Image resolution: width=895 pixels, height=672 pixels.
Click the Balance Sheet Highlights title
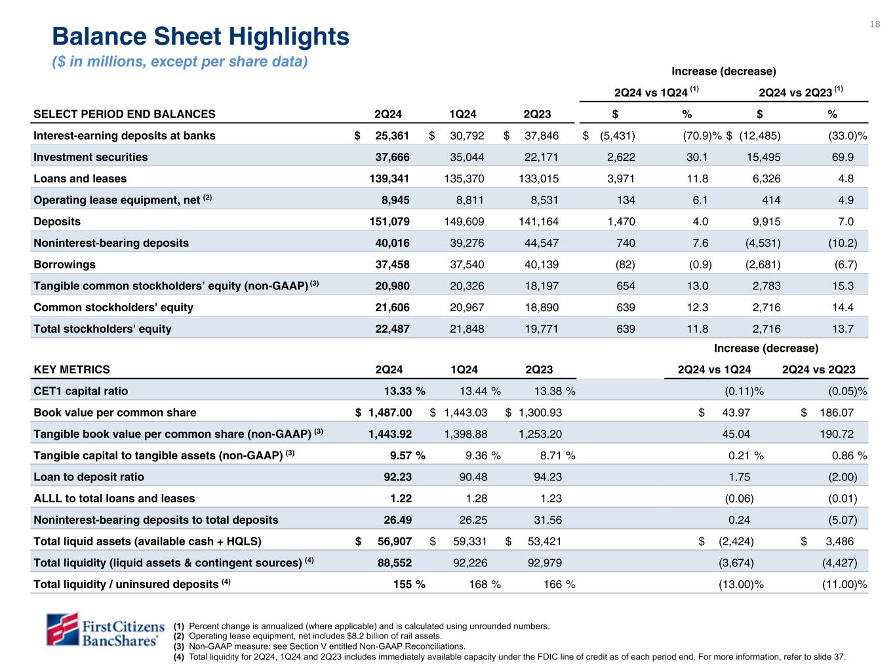201,37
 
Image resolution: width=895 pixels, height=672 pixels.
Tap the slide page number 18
875,24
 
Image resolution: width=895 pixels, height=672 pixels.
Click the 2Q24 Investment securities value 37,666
391,157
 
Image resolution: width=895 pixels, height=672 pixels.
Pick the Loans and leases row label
80,178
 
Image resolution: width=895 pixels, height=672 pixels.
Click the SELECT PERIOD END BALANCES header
125,114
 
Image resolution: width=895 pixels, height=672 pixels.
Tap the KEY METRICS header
72,369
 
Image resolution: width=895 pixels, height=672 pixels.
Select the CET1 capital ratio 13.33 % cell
404,391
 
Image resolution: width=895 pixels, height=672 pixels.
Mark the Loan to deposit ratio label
89,477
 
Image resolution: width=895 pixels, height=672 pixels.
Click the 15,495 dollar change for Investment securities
763,157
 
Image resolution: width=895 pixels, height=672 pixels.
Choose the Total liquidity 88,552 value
393,563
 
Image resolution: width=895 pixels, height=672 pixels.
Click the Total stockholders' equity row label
102,329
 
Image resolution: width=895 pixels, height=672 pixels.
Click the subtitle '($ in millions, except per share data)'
180,62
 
